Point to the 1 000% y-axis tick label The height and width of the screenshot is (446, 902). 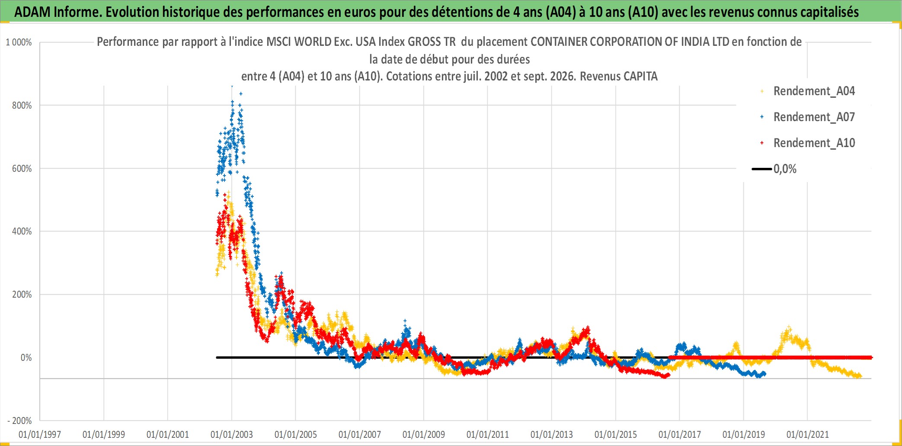click(19, 42)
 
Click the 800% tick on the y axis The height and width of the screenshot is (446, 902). click(22, 106)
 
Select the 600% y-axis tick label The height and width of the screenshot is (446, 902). click(22, 169)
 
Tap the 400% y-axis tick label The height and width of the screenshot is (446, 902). click(22, 231)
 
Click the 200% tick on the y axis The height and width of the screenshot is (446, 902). click(22, 295)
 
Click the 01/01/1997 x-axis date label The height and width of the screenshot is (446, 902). click(40, 434)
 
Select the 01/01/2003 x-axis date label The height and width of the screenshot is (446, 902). click(232, 434)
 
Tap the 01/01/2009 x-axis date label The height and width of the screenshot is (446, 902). click(424, 434)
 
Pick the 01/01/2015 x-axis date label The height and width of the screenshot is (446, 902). click(616, 434)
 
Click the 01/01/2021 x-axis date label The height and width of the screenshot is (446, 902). click(808, 434)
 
